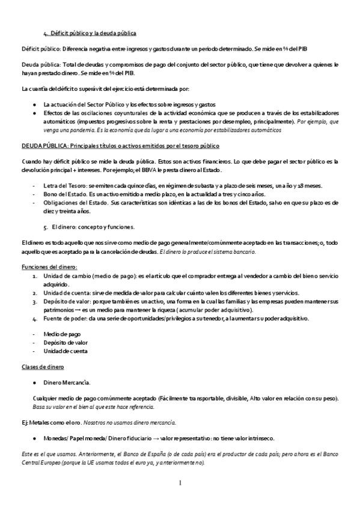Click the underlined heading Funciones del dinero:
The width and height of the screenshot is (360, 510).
[x=49, y=266]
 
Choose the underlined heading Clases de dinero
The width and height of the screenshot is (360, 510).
[x=43, y=366]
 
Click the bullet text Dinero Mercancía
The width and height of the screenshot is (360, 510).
[x=67, y=381]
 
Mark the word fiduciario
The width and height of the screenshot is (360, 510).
[x=134, y=438]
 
